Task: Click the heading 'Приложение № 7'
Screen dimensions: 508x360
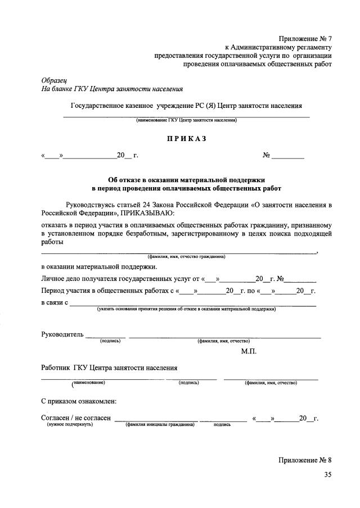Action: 305,39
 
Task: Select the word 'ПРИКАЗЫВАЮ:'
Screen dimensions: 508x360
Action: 147,213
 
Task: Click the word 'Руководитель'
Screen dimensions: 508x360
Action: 62,335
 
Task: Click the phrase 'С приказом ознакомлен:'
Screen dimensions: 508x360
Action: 79,401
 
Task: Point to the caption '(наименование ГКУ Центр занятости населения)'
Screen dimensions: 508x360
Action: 186,120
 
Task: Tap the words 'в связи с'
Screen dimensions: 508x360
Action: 55,303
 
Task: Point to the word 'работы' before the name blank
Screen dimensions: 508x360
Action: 52,242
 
